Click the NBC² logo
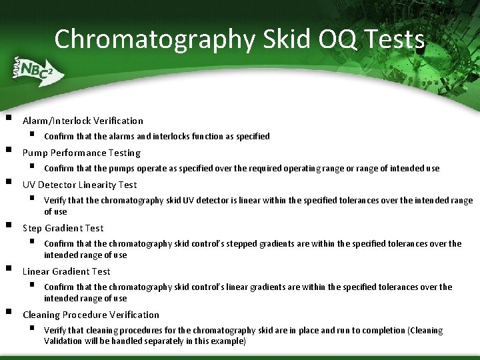[x=33, y=70]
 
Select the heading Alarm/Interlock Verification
[x=83, y=121]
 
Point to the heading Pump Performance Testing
[x=81, y=153]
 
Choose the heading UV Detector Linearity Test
[x=79, y=185]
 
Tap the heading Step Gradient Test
[x=63, y=228]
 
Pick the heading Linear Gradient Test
[x=67, y=271]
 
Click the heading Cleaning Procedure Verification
[x=91, y=315]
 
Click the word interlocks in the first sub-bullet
[x=171, y=137]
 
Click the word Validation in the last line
[x=63, y=341]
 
